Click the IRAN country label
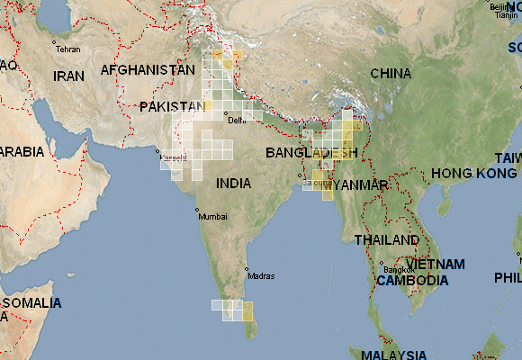point(68,76)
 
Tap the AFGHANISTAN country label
point(148,70)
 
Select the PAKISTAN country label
point(172,107)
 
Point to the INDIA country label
point(234,184)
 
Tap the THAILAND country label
point(386,240)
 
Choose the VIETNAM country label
point(435,265)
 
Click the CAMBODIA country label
point(413,281)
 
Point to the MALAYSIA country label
point(390,354)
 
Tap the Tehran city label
point(68,49)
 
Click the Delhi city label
point(237,120)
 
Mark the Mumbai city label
point(213,217)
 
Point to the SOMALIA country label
point(31,303)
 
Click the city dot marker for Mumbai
point(196,211)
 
